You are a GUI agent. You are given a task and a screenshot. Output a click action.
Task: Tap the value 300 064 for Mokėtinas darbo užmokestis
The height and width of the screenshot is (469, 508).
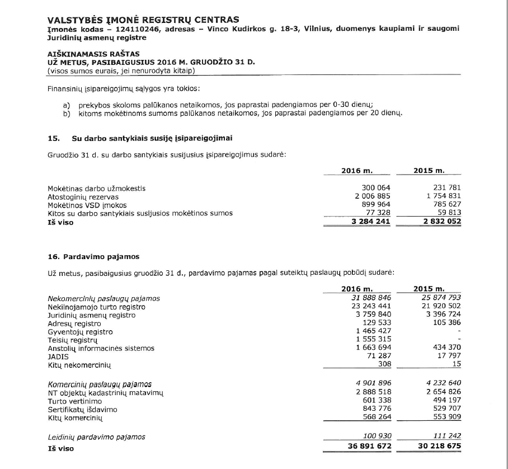377,188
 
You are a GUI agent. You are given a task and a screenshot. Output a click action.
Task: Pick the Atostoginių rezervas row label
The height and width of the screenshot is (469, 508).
83,197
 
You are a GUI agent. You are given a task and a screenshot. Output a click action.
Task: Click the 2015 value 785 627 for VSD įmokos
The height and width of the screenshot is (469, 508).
446,205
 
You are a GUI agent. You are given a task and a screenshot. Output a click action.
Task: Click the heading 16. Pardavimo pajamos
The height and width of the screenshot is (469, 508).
93,256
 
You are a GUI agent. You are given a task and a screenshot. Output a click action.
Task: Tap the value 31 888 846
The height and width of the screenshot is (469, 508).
370,298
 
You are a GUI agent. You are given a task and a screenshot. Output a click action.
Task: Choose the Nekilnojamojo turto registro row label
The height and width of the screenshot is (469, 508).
96,307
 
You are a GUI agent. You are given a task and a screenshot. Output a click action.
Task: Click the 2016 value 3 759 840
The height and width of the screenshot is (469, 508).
373,315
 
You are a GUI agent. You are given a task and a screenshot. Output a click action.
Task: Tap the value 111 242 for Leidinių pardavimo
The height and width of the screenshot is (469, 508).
446,437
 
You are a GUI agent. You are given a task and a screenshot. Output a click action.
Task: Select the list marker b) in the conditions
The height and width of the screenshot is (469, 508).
67,113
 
